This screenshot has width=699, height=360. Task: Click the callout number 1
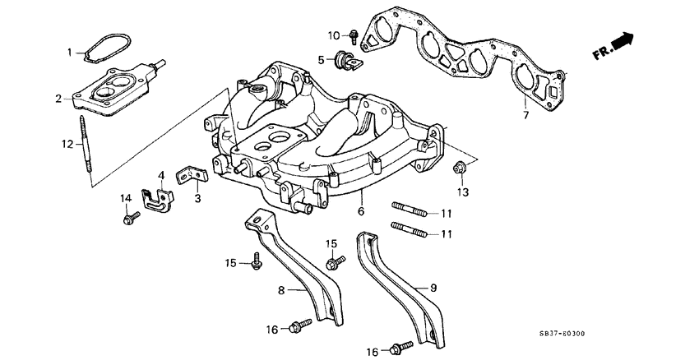coord(70,53)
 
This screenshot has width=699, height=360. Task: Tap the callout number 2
coord(58,99)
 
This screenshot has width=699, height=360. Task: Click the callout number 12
coord(67,145)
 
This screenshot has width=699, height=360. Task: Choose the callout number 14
coord(126,198)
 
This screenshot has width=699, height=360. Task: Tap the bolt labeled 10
coord(354,35)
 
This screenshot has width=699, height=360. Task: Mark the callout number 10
coord(334,35)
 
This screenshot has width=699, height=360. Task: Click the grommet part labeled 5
coord(345,59)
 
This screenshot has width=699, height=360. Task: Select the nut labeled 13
coord(461,169)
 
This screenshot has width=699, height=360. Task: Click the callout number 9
coord(433,289)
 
